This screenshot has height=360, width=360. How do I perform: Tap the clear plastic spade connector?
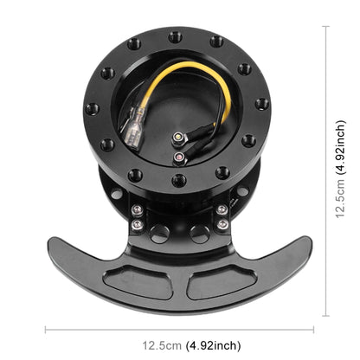(x=135, y=139)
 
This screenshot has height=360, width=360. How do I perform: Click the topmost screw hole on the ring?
(x=176, y=37)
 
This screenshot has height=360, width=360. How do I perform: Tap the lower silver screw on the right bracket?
(x=222, y=227)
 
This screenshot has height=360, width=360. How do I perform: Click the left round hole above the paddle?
(x=158, y=232)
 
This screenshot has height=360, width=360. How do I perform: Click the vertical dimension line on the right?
(x=327, y=173)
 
